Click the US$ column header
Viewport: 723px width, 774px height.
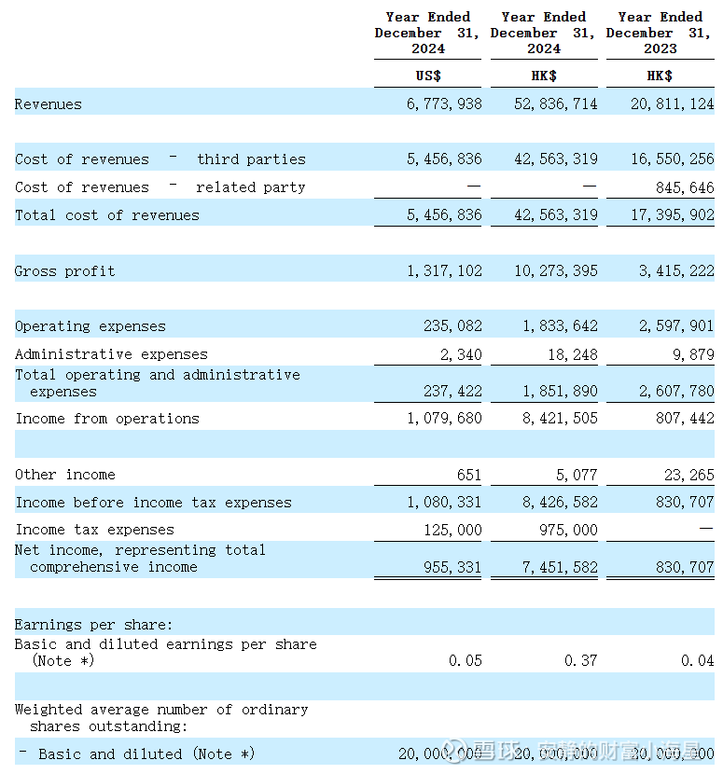pos(428,76)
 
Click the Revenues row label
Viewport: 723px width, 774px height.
pos(49,104)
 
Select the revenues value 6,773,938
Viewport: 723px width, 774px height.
pos(444,104)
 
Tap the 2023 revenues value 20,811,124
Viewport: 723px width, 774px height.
pos(672,104)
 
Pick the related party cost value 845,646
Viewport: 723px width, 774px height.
pos(685,187)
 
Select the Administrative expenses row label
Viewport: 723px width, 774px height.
pos(111,354)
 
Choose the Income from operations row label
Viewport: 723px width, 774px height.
pos(107,419)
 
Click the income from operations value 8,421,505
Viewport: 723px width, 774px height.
pos(560,419)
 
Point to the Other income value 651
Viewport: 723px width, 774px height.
pos(469,475)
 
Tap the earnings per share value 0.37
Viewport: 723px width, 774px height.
pos(581,660)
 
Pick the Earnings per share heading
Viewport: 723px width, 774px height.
pos(93,625)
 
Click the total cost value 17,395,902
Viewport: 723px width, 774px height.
pos(672,215)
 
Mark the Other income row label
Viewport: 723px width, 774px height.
pos(65,475)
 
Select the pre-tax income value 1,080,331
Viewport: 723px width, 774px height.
pos(444,503)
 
